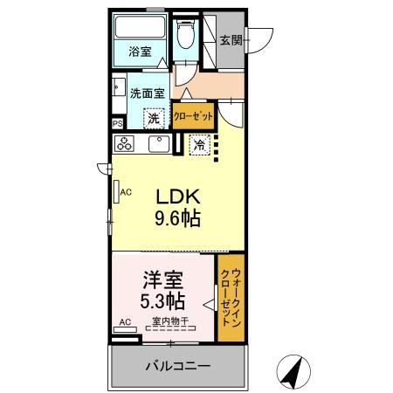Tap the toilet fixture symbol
click(185, 38)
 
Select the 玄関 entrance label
click(231, 40)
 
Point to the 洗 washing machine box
click(154, 118)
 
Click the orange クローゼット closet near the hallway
click(193, 116)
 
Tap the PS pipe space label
click(117, 125)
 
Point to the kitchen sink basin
click(158, 144)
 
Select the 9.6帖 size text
click(179, 218)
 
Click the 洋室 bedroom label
click(162, 283)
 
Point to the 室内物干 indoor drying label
click(169, 322)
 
